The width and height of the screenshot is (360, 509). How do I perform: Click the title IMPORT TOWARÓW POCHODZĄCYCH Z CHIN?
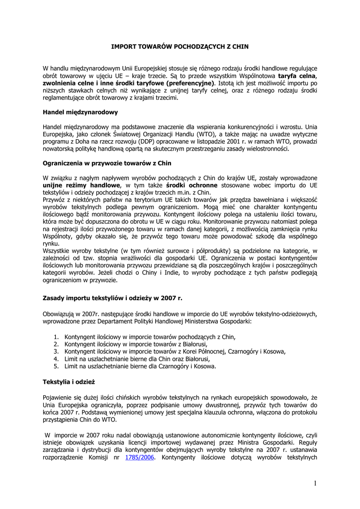tap(179, 47)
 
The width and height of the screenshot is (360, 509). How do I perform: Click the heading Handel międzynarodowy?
tap(80, 112)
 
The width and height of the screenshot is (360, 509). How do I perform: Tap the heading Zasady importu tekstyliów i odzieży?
tap(113, 298)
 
